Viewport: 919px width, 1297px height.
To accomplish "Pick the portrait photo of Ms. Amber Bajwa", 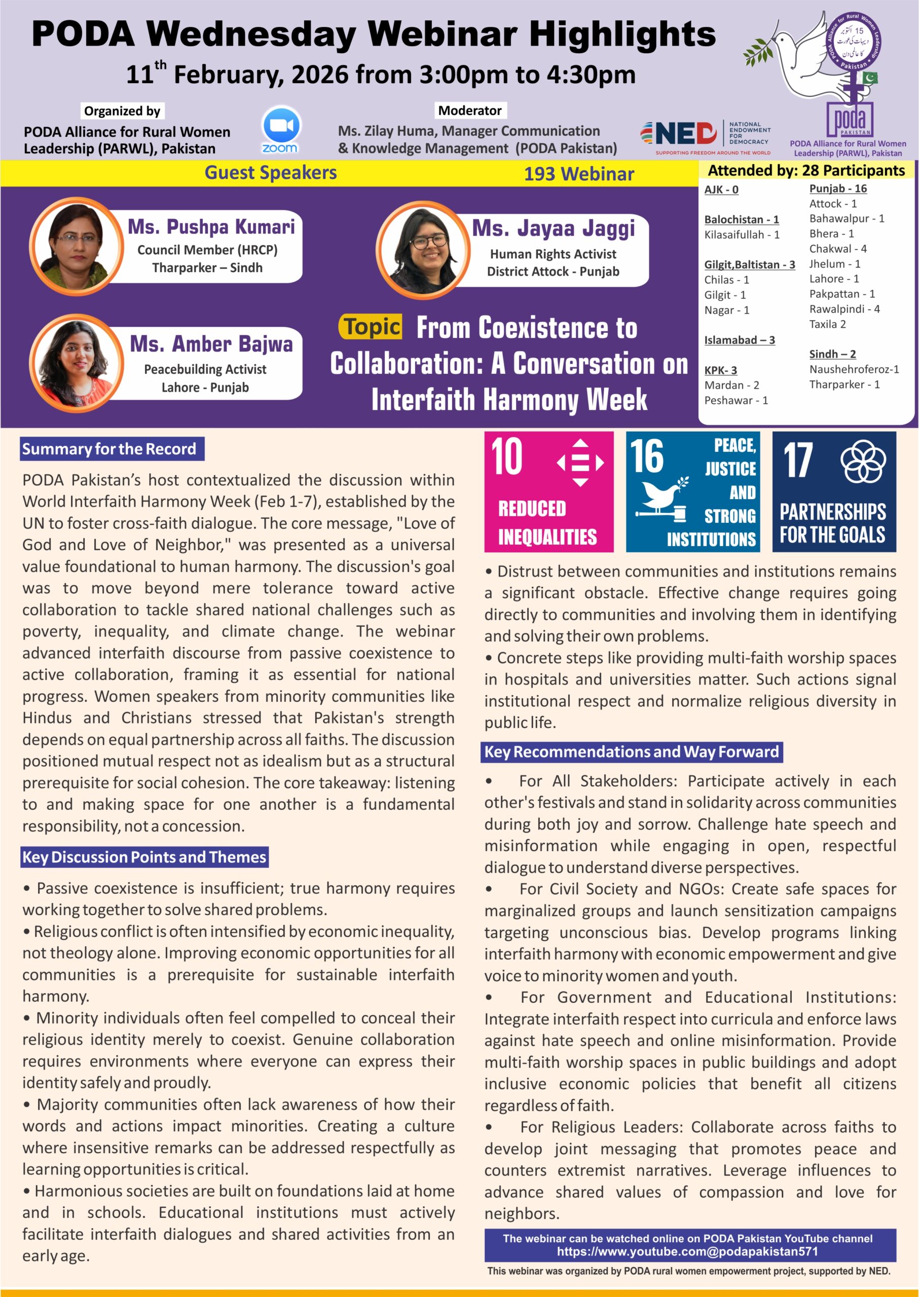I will coord(76,363).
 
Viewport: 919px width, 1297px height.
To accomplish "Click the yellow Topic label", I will coord(371,327).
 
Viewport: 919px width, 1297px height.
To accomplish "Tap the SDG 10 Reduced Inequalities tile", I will coord(548,491).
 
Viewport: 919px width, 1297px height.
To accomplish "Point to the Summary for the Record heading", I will coord(112,448).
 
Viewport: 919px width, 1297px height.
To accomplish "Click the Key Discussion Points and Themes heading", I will coord(144,857).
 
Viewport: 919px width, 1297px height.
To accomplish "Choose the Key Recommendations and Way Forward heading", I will coord(632,752).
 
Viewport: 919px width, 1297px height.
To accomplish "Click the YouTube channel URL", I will coord(687,1252).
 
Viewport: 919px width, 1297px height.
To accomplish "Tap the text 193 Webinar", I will coord(578,174).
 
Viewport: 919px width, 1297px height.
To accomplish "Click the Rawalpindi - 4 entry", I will coord(844,309).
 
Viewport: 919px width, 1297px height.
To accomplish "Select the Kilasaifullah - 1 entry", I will coord(741,234).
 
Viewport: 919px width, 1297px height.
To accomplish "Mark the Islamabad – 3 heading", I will coord(739,340).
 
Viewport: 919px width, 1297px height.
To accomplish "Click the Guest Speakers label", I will coord(271,173).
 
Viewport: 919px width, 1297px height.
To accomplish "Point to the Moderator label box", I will coord(470,110).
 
